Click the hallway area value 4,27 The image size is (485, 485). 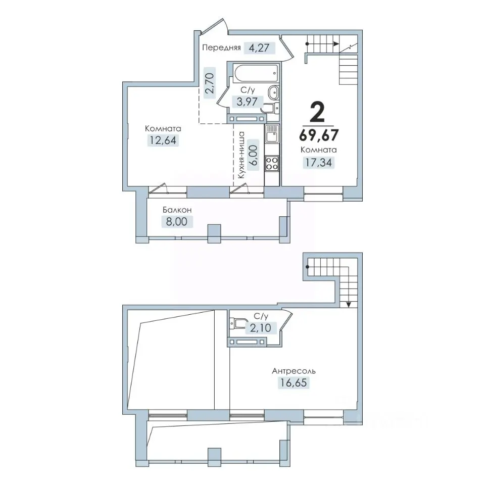coord(259,48)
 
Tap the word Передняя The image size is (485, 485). coord(221,47)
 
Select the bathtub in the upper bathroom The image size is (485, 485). coord(256,73)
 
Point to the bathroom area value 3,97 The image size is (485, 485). coord(247,101)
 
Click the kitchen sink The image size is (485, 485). coord(272,133)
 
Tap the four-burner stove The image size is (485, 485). coord(272,163)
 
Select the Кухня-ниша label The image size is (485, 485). coord(241,155)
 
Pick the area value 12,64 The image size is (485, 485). coord(163,140)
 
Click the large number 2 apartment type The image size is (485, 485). coord(318,112)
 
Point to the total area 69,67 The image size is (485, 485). coord(319,135)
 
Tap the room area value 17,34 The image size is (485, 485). coord(319,162)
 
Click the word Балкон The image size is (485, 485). coord(177,210)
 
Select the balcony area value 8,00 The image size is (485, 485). coord(177,222)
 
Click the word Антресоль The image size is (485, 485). coord(294,370)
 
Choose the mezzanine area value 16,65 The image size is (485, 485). coord(294,382)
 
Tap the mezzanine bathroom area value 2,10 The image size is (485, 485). coord(261,327)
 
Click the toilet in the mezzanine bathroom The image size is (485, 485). coord(237,323)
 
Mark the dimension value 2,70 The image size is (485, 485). coord(209,83)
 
